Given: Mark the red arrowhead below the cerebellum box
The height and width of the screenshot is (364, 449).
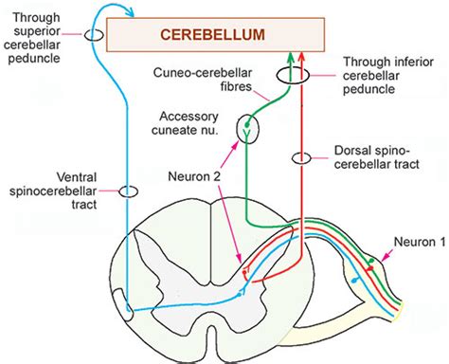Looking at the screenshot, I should click(300, 59).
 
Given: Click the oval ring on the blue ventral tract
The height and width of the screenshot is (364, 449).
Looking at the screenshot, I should click(128, 191).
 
